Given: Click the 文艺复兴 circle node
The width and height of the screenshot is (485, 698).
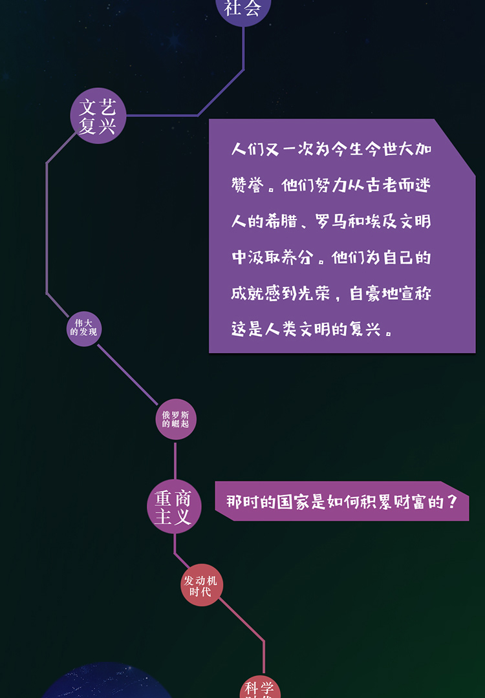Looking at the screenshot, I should [98, 116].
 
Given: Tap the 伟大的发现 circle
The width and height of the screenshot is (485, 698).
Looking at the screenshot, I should [84, 328].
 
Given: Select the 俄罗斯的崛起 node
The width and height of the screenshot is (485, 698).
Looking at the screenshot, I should [176, 419].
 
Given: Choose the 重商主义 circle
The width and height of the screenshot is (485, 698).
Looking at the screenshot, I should [174, 507].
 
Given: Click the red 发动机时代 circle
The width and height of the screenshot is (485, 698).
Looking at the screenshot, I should [201, 586].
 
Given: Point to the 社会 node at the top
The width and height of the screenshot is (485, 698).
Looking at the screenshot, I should [243, 9].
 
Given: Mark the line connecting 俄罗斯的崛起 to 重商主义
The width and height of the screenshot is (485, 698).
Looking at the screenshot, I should [175, 460].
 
